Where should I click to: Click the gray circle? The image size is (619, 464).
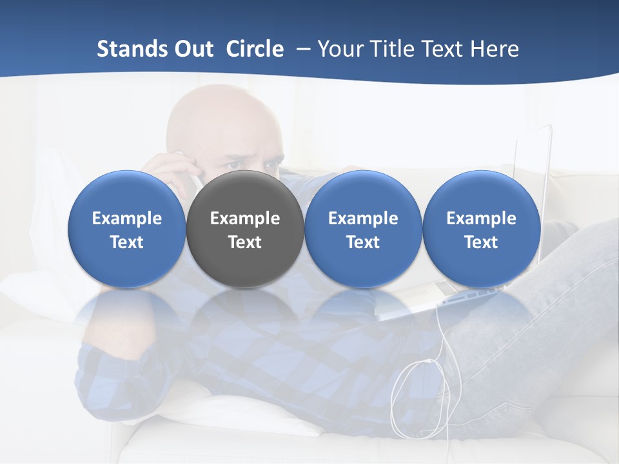245,229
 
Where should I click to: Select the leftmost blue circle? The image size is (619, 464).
127,229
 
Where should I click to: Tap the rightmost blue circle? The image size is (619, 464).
481,229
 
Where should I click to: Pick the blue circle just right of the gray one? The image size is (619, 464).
363,229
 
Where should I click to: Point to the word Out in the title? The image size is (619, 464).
193,49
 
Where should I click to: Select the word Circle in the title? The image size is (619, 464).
255,49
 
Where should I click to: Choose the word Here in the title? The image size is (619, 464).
493,49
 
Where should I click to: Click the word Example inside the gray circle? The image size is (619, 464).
245,218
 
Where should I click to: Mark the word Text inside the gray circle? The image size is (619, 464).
245,242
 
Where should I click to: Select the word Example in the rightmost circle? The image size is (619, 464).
481,218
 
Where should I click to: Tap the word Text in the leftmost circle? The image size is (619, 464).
127,242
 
